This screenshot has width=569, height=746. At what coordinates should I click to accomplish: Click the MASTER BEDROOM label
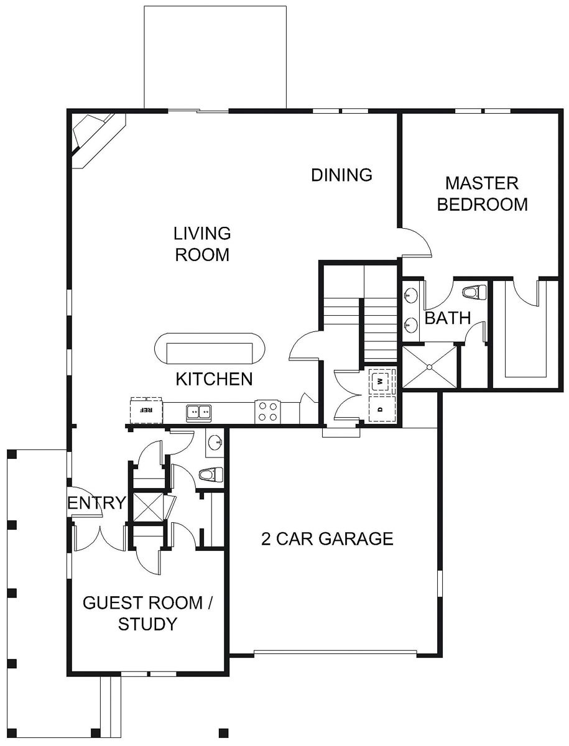[482, 193]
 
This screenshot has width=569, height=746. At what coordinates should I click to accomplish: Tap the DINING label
[341, 175]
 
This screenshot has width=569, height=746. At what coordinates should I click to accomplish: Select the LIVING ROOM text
[202, 244]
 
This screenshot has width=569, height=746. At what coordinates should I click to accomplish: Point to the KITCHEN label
[214, 379]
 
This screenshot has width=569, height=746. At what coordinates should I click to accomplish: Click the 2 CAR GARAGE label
[327, 538]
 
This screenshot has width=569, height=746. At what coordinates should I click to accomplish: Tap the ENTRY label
[96, 503]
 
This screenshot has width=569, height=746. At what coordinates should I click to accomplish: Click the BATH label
[447, 318]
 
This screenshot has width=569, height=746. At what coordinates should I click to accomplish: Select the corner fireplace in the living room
[93, 138]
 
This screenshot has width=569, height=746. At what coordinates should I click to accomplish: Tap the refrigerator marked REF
[146, 410]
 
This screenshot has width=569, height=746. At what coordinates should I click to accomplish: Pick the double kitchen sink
[198, 412]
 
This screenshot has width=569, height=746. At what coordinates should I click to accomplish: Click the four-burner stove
[268, 412]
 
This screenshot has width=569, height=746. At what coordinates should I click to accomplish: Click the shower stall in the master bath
[429, 367]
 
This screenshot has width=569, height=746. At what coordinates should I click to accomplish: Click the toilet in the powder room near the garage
[210, 475]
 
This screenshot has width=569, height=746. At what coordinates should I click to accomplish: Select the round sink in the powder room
[215, 443]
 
